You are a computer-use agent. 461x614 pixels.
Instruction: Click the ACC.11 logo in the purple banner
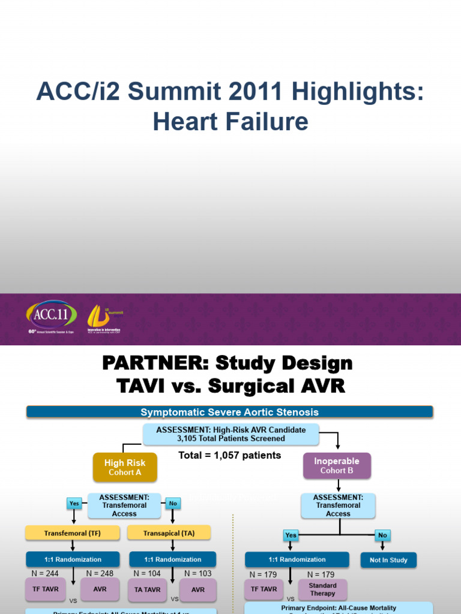[x=51, y=315]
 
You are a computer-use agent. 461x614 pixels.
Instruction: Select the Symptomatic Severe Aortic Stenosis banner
[x=229, y=412]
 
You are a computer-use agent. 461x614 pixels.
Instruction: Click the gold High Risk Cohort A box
[x=125, y=467]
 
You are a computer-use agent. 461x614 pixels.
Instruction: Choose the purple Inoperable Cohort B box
[x=337, y=465]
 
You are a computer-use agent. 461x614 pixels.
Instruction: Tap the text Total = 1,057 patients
[x=230, y=455]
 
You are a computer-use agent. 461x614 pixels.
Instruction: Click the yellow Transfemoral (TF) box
[x=73, y=532]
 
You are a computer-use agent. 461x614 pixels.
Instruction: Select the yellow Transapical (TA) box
[x=169, y=532]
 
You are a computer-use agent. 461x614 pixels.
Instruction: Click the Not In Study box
[x=388, y=560]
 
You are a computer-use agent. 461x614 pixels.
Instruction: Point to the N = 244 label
[x=46, y=574]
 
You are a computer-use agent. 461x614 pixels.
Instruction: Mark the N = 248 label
[x=99, y=574]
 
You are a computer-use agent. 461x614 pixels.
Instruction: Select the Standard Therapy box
[x=322, y=589]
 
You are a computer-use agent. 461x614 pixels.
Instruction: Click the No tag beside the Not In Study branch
[x=382, y=534]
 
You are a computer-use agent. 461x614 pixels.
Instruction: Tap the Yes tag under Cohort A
[x=74, y=504]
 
